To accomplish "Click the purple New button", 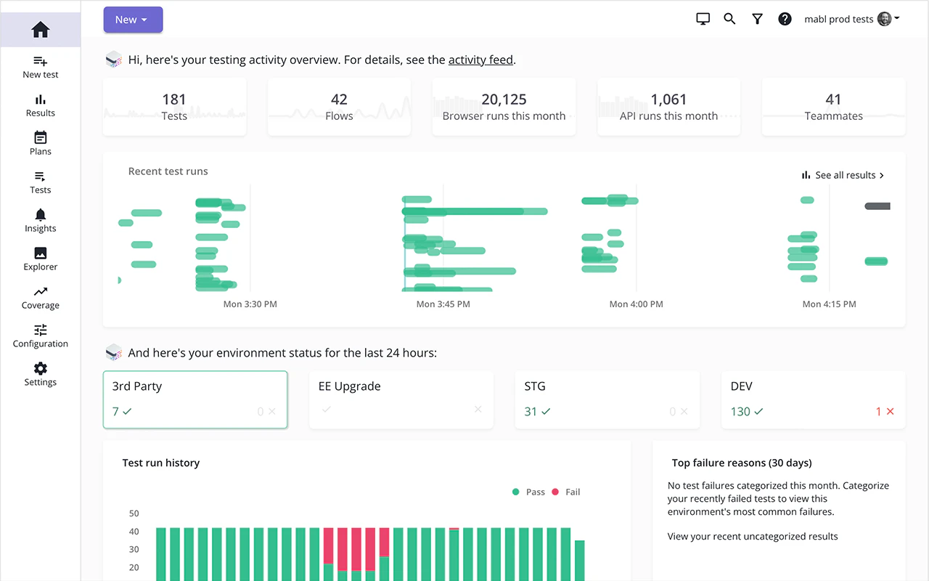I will tap(133, 20).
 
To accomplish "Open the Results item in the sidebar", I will tap(41, 105).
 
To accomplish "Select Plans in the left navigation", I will tap(41, 144).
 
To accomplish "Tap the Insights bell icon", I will tap(41, 215).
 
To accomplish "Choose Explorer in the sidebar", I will tap(41, 259).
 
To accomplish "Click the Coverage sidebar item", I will tap(41, 298).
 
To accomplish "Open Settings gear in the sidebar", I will tap(41, 374).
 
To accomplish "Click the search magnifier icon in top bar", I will tap(730, 19).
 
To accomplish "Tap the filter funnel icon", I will tap(757, 19).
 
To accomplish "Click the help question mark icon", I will tap(785, 19).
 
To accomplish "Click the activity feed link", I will tap(480, 60).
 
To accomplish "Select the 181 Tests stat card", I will tap(174, 107).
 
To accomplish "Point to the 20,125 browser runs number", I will tap(504, 99).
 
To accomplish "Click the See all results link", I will tap(843, 175).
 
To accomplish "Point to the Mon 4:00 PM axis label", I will tap(636, 304).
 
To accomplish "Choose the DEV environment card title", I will tap(741, 386).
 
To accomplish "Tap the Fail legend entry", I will tap(566, 492).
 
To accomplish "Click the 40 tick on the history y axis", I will tap(134, 532).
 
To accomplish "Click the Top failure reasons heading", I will tap(742, 463).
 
